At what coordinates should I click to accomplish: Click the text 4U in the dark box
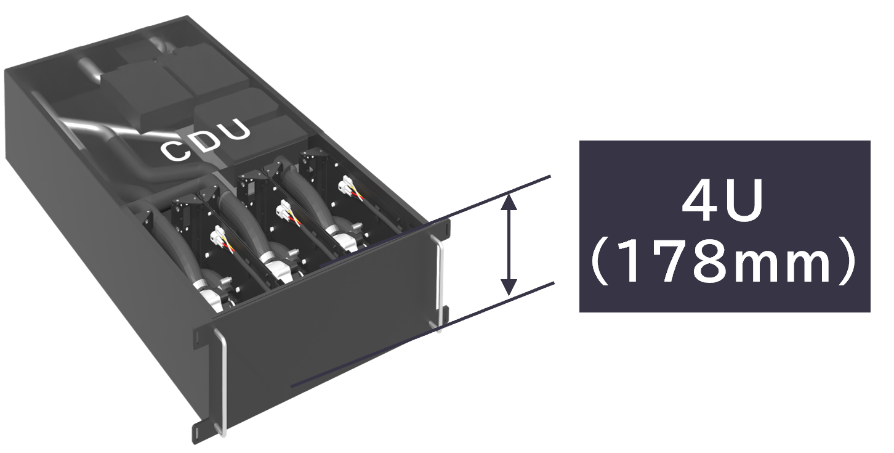point(722,202)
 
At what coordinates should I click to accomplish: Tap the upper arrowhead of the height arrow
point(509,202)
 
